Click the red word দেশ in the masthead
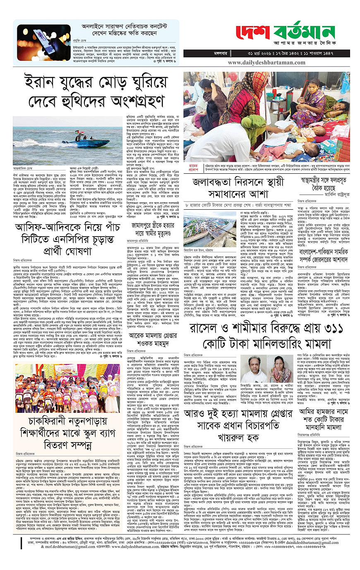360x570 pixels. pyautogui.click(x=252, y=32)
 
